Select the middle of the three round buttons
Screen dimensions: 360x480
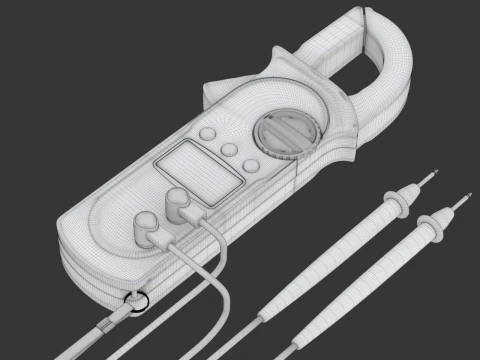[x=229, y=150]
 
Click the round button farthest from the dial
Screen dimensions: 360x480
[x=207, y=135]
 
